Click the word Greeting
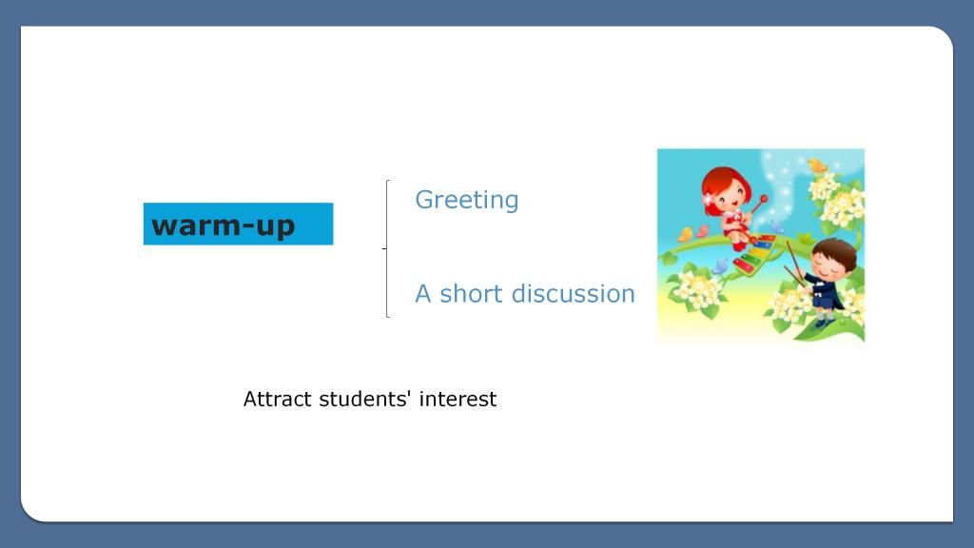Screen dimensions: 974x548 [466, 201]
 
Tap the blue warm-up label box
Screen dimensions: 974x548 [238, 224]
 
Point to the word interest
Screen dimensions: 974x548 [458, 399]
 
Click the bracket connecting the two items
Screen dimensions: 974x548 [386, 248]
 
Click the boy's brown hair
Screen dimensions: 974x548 [834, 250]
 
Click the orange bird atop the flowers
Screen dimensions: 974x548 [817, 166]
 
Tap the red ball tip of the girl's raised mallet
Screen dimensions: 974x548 [764, 200]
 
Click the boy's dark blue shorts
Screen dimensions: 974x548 [824, 302]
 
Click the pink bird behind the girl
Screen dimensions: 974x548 [702, 230]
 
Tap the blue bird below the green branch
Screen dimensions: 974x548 [719, 266]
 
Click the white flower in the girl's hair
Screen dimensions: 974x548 [708, 199]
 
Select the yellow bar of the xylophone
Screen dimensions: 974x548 [757, 252]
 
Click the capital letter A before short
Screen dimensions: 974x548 [423, 294]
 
